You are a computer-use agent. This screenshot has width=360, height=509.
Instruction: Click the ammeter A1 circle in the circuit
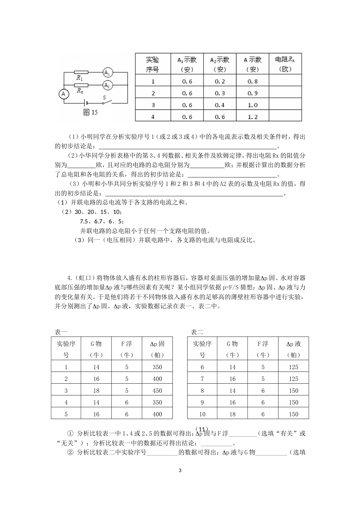[x=108, y=72]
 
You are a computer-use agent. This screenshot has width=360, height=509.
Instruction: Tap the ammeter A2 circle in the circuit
[x=108, y=85]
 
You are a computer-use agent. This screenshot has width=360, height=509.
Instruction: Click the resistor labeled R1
[x=81, y=72]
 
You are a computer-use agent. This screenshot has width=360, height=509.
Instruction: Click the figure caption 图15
[x=90, y=112]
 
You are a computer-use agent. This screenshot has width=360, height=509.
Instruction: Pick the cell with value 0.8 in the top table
[x=252, y=81]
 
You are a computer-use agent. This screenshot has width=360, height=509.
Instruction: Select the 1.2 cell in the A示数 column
[x=252, y=117]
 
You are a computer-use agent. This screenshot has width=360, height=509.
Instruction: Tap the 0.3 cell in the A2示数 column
[x=220, y=93]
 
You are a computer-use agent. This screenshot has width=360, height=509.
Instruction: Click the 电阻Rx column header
[x=285, y=64]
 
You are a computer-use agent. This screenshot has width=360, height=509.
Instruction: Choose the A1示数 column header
[x=187, y=64]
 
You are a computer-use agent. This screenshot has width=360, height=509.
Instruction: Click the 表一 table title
[x=61, y=332]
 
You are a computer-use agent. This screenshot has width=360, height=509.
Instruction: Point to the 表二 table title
[x=197, y=332]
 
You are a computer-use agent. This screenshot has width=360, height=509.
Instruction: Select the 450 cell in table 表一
[x=157, y=390]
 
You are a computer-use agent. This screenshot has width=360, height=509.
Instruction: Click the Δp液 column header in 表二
[x=293, y=349]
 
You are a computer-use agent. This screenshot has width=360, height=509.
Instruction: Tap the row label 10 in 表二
[x=202, y=414]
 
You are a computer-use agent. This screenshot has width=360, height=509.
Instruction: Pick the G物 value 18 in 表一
[x=96, y=390]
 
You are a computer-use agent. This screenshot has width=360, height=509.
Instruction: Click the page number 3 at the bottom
[x=180, y=471]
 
